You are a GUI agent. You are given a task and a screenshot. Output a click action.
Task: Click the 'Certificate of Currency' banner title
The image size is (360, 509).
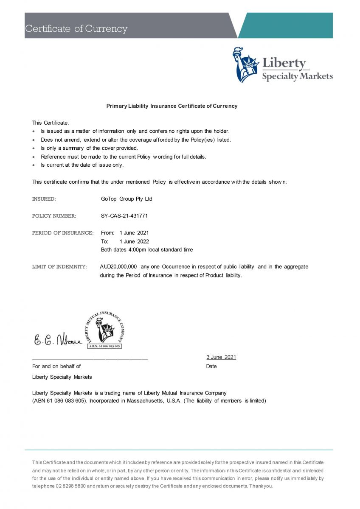76,29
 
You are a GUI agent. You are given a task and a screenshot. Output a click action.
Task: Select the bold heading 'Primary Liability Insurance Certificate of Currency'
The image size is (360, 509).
172,106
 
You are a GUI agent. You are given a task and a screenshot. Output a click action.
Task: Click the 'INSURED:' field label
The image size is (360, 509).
44,199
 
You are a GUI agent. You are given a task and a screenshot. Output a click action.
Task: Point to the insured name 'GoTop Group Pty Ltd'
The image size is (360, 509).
127,199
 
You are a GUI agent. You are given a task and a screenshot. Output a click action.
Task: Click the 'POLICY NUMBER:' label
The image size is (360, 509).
54,216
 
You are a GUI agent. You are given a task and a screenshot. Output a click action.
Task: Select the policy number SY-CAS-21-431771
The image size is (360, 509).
124,216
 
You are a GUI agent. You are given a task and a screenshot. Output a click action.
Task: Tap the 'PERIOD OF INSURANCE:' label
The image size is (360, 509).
63,233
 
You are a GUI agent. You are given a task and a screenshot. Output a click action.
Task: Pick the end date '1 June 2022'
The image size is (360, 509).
134,241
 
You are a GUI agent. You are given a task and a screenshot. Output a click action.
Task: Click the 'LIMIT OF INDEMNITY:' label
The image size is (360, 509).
59,267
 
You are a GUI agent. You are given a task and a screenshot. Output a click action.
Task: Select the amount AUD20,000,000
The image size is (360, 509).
118,267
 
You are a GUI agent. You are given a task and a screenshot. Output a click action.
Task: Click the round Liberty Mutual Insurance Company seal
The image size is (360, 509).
105,330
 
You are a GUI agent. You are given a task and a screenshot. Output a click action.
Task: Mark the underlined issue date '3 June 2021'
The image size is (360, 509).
221,357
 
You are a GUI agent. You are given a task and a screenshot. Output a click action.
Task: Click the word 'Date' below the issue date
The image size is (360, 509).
211,366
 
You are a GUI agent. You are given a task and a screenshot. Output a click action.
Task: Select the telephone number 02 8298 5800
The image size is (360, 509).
71,486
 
